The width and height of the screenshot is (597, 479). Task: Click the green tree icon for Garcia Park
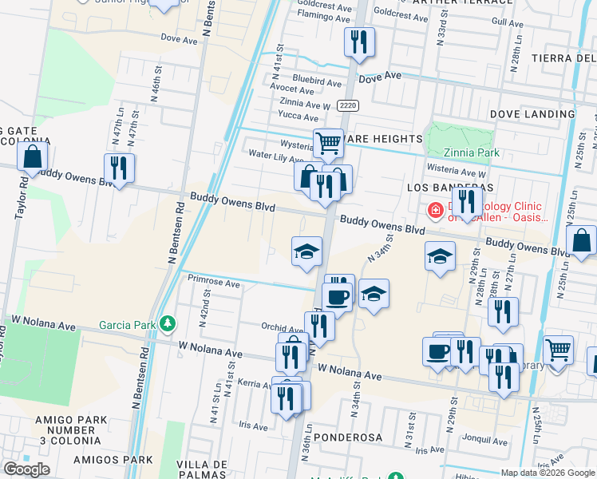pyautogui.click(x=167, y=323)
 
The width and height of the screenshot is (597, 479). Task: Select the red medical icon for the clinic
pyautogui.click(x=435, y=211)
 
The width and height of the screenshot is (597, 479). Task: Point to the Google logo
pyautogui.click(x=26, y=469)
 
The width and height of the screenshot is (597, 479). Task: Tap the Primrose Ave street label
pyautogui.click(x=213, y=283)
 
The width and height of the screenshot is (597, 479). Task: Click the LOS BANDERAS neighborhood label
pyautogui.click(x=435, y=187)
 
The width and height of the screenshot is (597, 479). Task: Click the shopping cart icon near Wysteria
pyautogui.click(x=328, y=144)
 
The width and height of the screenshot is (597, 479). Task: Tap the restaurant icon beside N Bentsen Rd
pyautogui.click(x=119, y=168)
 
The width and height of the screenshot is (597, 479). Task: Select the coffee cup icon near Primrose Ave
pyautogui.click(x=337, y=297)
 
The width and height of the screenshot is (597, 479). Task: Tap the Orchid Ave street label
pyautogui.click(x=281, y=327)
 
